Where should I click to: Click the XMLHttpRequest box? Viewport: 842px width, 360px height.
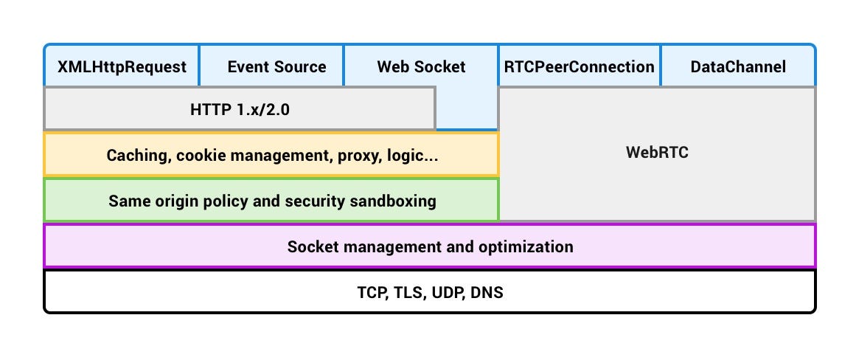click(122, 67)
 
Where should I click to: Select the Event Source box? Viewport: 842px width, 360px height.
click(276, 67)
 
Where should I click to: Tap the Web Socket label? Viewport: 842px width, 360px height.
click(421, 67)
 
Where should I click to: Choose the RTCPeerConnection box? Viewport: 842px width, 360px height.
click(579, 67)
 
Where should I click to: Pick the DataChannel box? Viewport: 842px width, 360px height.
click(738, 67)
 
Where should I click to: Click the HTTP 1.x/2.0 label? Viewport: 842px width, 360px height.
click(240, 109)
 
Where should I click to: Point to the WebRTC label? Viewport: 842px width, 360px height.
click(657, 153)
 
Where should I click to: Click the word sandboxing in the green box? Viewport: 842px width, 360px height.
click(397, 200)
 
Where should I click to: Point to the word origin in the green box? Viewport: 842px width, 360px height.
click(169, 200)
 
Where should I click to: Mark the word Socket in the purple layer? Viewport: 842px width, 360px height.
click(310, 246)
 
